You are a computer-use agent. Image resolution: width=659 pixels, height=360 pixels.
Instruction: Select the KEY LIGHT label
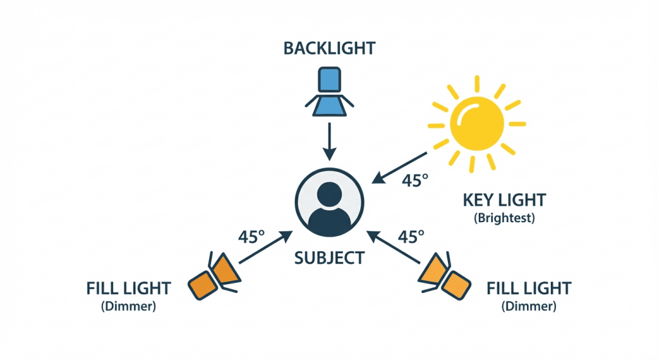coord(505,200)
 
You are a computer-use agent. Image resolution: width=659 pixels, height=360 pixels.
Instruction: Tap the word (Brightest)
coord(505,218)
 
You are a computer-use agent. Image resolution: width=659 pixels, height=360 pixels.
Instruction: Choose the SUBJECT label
coord(329,258)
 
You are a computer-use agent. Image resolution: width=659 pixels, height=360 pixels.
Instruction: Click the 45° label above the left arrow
coord(252,236)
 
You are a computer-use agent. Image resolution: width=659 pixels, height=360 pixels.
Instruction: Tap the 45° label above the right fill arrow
coord(411,236)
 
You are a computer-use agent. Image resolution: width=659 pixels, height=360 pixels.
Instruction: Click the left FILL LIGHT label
coord(129,288)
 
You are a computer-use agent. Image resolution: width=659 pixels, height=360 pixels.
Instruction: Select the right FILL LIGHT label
coord(529,288)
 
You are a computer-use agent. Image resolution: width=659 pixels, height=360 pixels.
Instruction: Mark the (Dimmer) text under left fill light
coord(129,306)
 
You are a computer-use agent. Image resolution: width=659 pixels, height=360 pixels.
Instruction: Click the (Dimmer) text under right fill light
coord(529,306)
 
